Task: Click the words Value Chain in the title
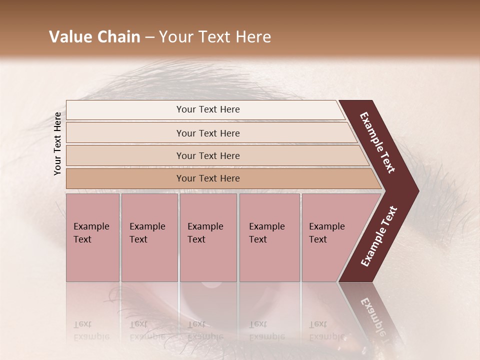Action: pyautogui.click(x=94, y=37)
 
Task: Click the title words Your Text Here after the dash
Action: pyautogui.click(x=215, y=37)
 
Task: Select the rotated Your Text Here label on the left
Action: pyautogui.click(x=57, y=143)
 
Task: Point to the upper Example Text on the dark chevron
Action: pyautogui.click(x=377, y=142)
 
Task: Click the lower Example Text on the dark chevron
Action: pyautogui.click(x=379, y=236)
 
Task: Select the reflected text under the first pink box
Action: pyautogui.click(x=91, y=330)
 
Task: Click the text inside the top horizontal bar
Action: pyautogui.click(x=208, y=109)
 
